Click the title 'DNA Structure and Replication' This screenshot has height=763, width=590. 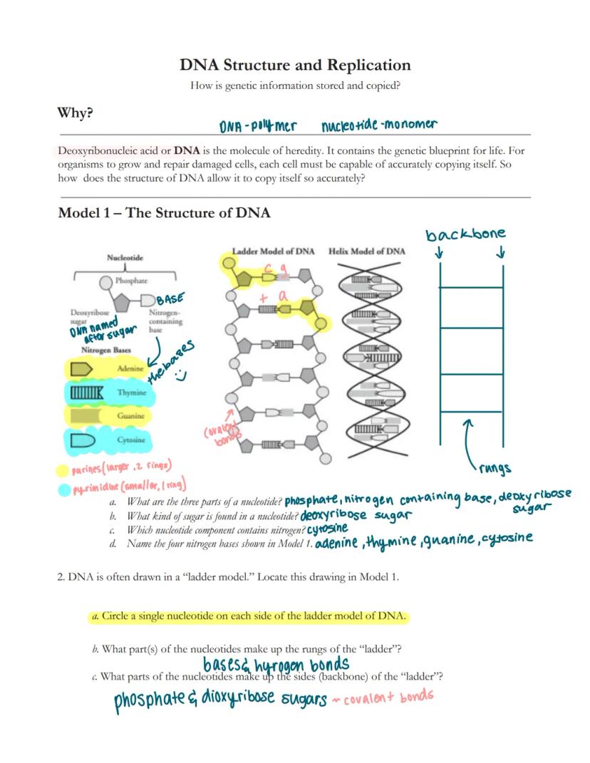click(x=295, y=66)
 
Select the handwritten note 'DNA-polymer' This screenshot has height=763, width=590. click(x=257, y=126)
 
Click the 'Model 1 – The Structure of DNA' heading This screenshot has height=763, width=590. click(x=164, y=213)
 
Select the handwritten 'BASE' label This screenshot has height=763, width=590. click(x=170, y=300)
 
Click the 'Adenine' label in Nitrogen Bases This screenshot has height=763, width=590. click(x=130, y=368)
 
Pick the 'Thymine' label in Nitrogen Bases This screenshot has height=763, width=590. click(x=132, y=393)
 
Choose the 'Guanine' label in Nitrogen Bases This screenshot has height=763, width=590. click(x=130, y=415)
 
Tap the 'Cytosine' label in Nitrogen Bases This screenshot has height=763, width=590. click(x=131, y=440)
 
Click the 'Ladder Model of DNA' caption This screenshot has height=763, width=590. click(x=274, y=251)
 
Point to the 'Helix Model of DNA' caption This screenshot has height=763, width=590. click(x=367, y=251)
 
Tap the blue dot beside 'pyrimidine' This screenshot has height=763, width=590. click(x=64, y=489)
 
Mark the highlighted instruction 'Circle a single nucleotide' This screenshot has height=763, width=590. click(x=254, y=616)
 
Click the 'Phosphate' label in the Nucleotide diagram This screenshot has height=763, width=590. click(x=132, y=281)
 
